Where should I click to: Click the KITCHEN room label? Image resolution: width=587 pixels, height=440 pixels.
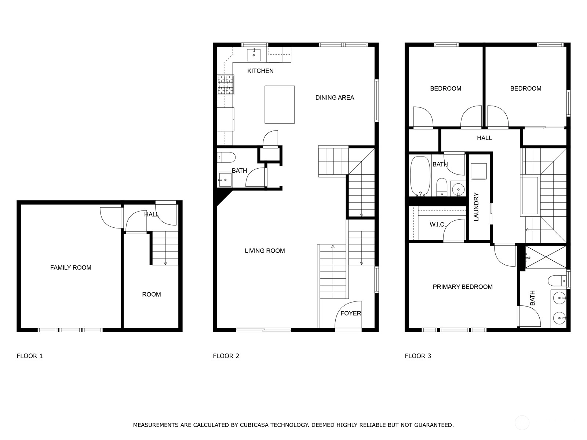[260, 71]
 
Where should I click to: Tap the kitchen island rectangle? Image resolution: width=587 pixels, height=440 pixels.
[280, 104]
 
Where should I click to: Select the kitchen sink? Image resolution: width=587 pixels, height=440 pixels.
[254, 55]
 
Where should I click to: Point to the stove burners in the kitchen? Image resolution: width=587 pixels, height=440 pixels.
[225, 85]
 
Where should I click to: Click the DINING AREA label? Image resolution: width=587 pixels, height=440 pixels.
[335, 98]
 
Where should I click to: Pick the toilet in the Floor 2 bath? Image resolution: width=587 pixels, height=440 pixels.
[226, 158]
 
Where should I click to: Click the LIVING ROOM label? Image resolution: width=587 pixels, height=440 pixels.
[265, 250]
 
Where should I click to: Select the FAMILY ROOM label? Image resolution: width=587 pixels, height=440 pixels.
[70, 267]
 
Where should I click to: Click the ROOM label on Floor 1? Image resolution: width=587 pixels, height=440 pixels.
[152, 294]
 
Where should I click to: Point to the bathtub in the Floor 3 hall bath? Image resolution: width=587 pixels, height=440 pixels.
[420, 176]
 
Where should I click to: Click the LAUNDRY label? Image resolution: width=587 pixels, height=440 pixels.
[476, 207]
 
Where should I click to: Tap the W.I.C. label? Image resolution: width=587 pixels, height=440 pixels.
[438, 225]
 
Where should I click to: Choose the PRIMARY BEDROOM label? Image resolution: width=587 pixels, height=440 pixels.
[463, 287]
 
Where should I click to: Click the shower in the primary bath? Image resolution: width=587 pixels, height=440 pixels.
[546, 257]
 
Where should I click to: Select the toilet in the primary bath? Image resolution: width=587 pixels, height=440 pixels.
[557, 281]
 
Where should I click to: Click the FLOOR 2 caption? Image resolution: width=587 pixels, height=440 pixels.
[226, 356]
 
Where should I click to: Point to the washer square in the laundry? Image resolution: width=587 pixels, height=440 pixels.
[479, 171]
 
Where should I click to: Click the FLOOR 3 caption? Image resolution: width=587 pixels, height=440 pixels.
[418, 356]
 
